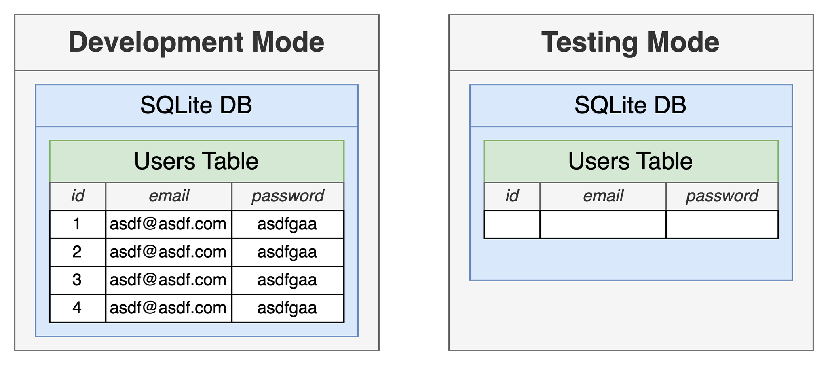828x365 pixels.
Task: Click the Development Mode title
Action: point(196,42)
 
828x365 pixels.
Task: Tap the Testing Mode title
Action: point(630,42)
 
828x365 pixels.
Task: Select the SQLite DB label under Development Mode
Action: point(196,105)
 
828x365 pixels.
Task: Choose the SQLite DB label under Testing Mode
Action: point(631,105)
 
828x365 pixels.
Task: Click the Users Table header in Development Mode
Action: point(196,161)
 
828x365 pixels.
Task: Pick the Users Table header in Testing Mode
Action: point(631,161)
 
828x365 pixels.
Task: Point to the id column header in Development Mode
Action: point(78,196)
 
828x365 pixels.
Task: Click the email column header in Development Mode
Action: point(169,196)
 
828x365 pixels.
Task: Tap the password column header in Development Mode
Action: point(288,196)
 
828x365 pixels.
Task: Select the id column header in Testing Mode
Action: point(512,196)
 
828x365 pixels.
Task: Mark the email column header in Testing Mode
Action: point(603,196)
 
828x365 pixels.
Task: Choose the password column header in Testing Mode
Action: point(722,196)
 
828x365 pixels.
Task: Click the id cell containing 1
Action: point(78,224)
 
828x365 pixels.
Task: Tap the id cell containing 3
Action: point(78,280)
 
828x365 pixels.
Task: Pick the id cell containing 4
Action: point(78,308)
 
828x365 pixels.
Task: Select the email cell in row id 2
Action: point(169,252)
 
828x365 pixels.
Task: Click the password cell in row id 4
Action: point(288,308)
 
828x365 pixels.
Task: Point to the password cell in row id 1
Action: point(288,224)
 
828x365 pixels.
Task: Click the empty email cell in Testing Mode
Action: point(603,224)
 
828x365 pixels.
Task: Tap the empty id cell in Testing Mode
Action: point(512,224)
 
